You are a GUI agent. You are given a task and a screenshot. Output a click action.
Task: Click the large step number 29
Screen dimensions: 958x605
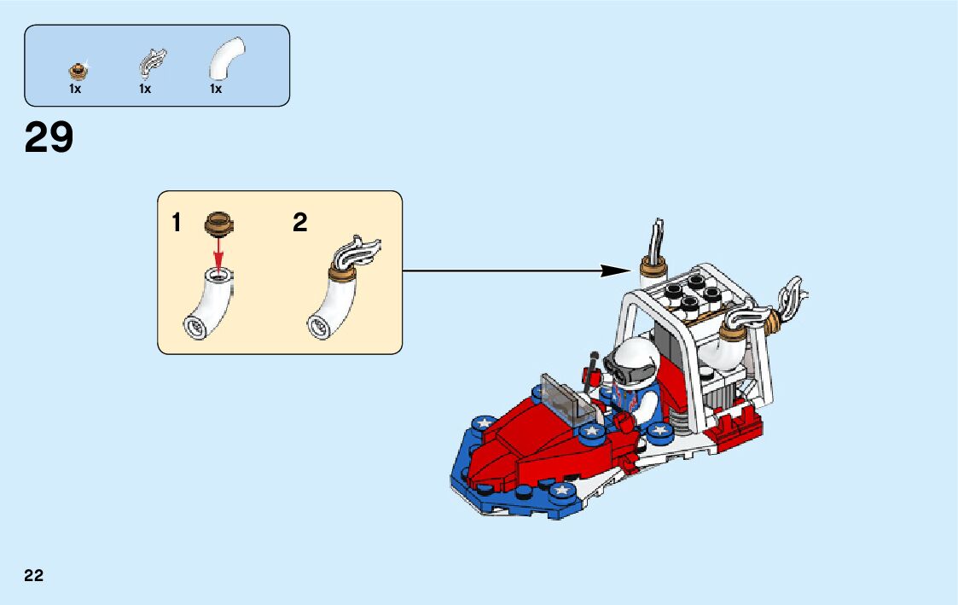point(49,137)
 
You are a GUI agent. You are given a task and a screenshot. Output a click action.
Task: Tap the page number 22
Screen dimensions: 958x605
point(34,575)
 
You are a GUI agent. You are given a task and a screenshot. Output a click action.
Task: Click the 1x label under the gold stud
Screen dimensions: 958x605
point(75,89)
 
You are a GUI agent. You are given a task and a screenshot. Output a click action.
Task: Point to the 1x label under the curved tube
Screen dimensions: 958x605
point(216,89)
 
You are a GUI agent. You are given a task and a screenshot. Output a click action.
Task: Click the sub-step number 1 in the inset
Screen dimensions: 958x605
point(177,224)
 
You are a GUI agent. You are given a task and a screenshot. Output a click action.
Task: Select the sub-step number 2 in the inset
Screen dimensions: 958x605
point(299,224)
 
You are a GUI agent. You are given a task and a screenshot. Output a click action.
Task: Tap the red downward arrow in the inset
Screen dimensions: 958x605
point(219,252)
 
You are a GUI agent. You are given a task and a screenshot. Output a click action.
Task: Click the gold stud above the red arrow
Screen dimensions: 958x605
point(219,224)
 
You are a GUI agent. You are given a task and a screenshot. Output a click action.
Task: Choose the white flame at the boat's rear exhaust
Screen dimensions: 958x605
point(789,302)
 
